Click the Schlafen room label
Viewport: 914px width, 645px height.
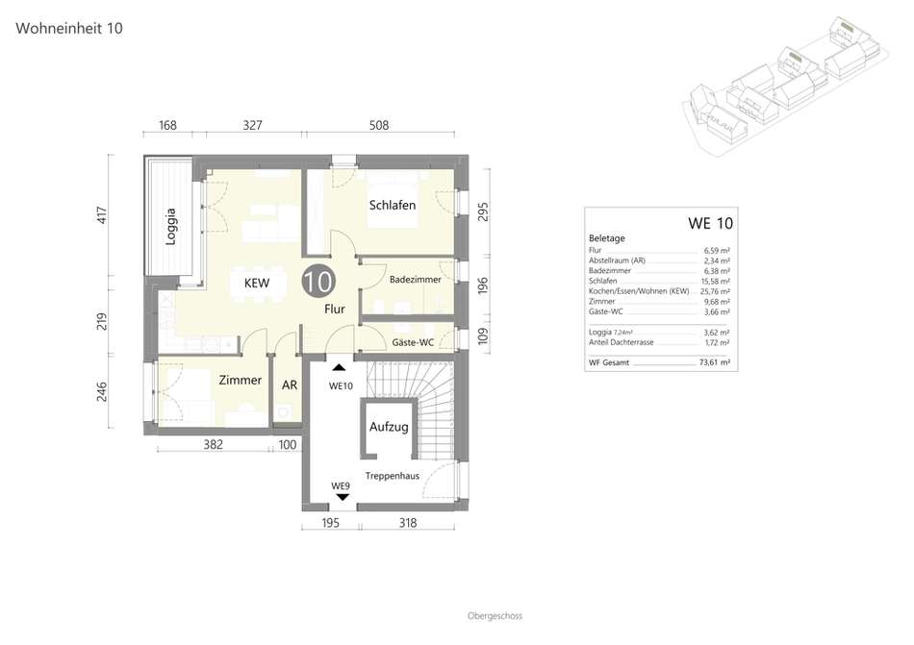click(393, 205)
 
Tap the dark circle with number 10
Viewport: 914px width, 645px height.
click(318, 282)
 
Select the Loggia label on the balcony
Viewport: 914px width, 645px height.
click(170, 227)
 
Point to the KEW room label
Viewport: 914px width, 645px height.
click(257, 283)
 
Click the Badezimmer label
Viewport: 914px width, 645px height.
click(415, 280)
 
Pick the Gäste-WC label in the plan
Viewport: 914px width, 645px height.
click(413, 342)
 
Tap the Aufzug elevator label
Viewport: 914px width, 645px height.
click(389, 427)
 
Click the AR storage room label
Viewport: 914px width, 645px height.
click(290, 385)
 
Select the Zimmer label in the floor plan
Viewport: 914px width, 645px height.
click(241, 380)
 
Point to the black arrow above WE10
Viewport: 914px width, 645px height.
click(339, 367)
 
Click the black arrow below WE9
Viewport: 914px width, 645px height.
click(343, 497)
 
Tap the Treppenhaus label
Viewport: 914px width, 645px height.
click(393, 476)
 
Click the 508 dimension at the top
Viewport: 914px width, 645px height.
click(379, 125)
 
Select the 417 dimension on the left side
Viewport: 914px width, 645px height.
click(103, 215)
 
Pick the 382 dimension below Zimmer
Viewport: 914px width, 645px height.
click(214, 445)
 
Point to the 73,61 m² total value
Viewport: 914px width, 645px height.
click(715, 362)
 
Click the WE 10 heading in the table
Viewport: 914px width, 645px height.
click(710, 223)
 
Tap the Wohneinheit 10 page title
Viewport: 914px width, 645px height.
click(68, 28)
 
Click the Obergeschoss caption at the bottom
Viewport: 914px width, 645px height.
click(495, 616)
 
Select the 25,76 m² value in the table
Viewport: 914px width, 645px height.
click(715, 291)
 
